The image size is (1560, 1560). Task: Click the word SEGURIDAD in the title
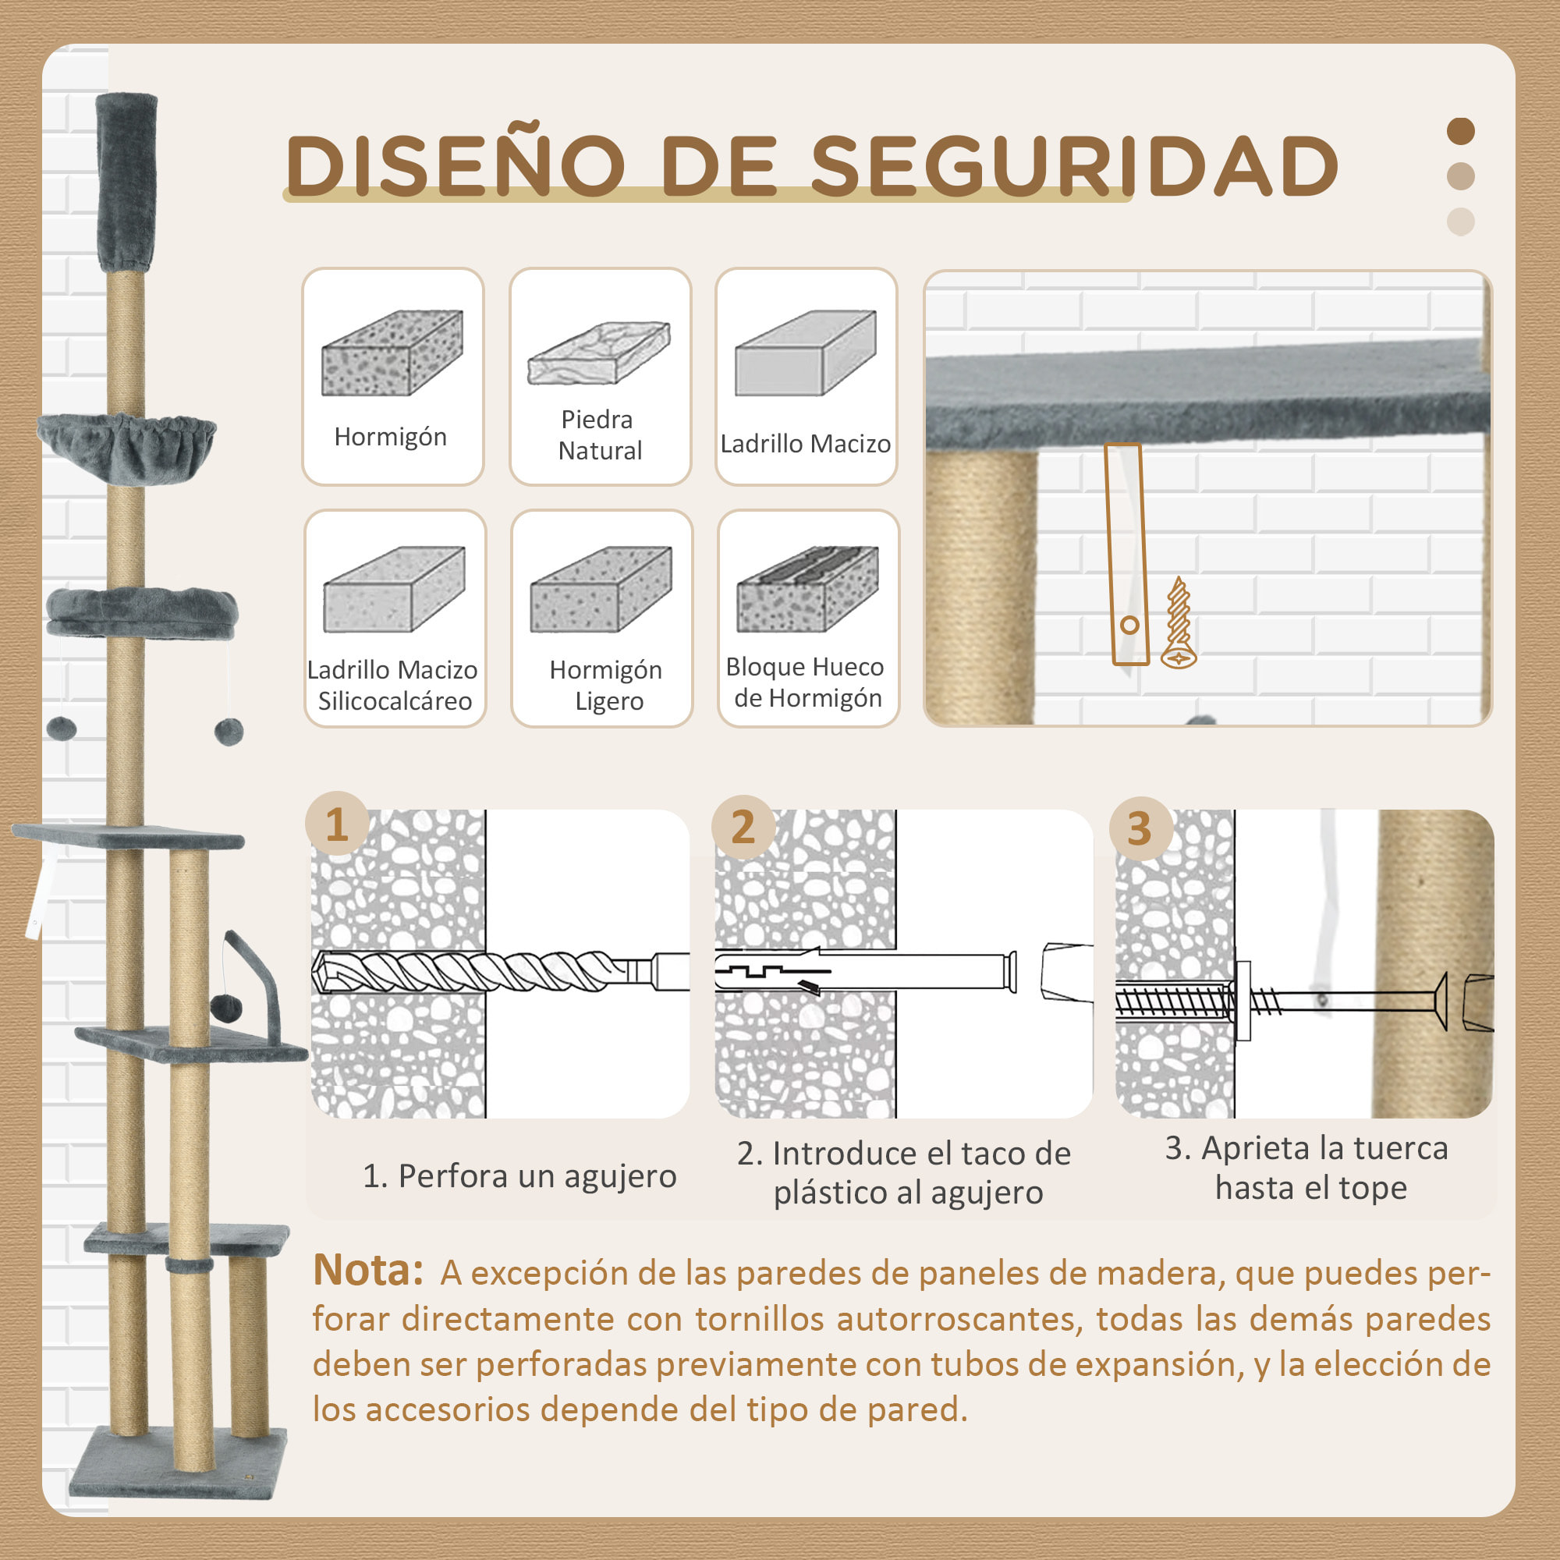click(x=1074, y=165)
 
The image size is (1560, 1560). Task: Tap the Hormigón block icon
click(x=392, y=353)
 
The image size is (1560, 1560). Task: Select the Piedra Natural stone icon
click(x=598, y=353)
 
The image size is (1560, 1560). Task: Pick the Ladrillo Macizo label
click(x=805, y=444)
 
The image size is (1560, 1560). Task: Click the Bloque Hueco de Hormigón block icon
click(x=807, y=590)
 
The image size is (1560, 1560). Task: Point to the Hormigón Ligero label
click(x=605, y=685)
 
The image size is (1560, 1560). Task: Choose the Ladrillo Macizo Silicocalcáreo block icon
click(x=394, y=590)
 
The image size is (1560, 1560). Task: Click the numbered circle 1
click(x=337, y=824)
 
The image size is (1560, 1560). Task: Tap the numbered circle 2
click(x=743, y=827)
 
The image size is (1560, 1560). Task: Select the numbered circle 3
click(x=1140, y=828)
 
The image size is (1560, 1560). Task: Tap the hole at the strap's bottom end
click(x=1129, y=625)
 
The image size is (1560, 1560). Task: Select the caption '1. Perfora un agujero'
click(x=519, y=1176)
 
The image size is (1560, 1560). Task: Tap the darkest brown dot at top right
click(x=1461, y=131)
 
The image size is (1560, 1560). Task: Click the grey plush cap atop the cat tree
click(x=127, y=182)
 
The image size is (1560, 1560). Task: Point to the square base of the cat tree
click(x=178, y=1471)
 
